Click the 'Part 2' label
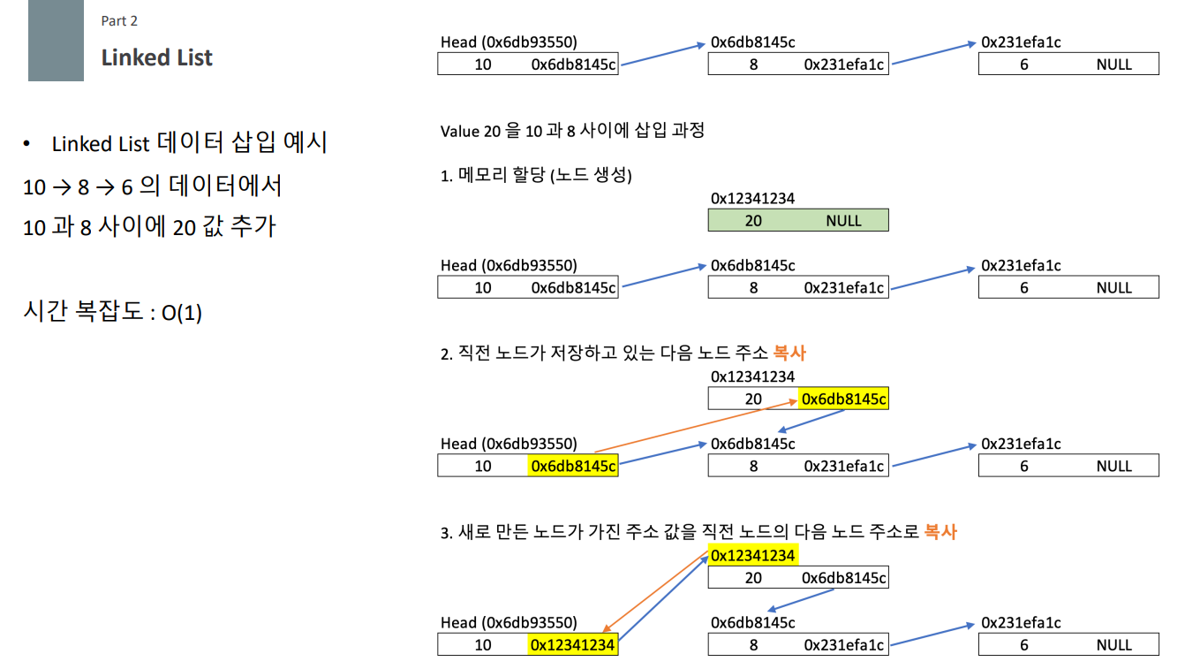(x=119, y=21)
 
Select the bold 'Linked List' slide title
(x=156, y=57)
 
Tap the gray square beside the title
(x=56, y=41)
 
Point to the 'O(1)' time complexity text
(x=182, y=314)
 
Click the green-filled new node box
(x=797, y=220)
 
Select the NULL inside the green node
(x=843, y=221)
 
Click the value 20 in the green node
(x=753, y=221)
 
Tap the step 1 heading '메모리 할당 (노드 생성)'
(x=544, y=176)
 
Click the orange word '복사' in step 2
(x=789, y=354)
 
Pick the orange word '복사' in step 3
(x=940, y=532)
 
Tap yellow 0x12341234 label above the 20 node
(x=753, y=555)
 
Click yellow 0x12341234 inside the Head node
(x=573, y=645)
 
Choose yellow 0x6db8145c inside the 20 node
(x=843, y=399)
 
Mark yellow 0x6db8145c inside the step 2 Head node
(x=573, y=466)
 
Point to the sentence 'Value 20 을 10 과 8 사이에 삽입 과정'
(x=572, y=132)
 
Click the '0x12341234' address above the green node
(x=752, y=199)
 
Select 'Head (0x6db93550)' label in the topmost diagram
(x=509, y=42)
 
